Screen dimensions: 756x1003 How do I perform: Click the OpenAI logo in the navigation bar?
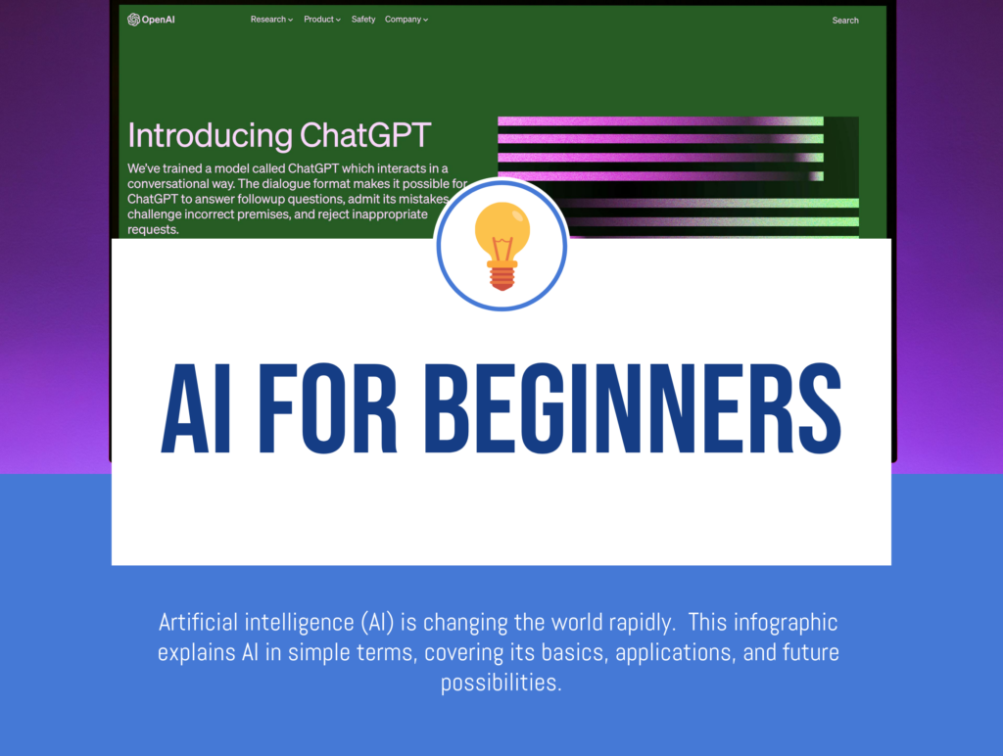click(150, 20)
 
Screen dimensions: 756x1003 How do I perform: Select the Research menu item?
click(271, 20)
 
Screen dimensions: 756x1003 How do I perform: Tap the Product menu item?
click(322, 20)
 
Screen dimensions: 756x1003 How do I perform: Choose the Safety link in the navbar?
click(363, 20)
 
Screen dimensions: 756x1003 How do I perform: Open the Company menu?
click(406, 20)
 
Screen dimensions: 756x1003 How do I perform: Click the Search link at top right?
click(845, 21)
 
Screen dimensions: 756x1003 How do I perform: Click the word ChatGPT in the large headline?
click(365, 135)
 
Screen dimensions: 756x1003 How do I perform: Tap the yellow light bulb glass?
click(501, 231)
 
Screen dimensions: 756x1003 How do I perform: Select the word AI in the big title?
click(196, 411)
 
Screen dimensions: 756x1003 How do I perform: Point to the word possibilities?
click(501, 683)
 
